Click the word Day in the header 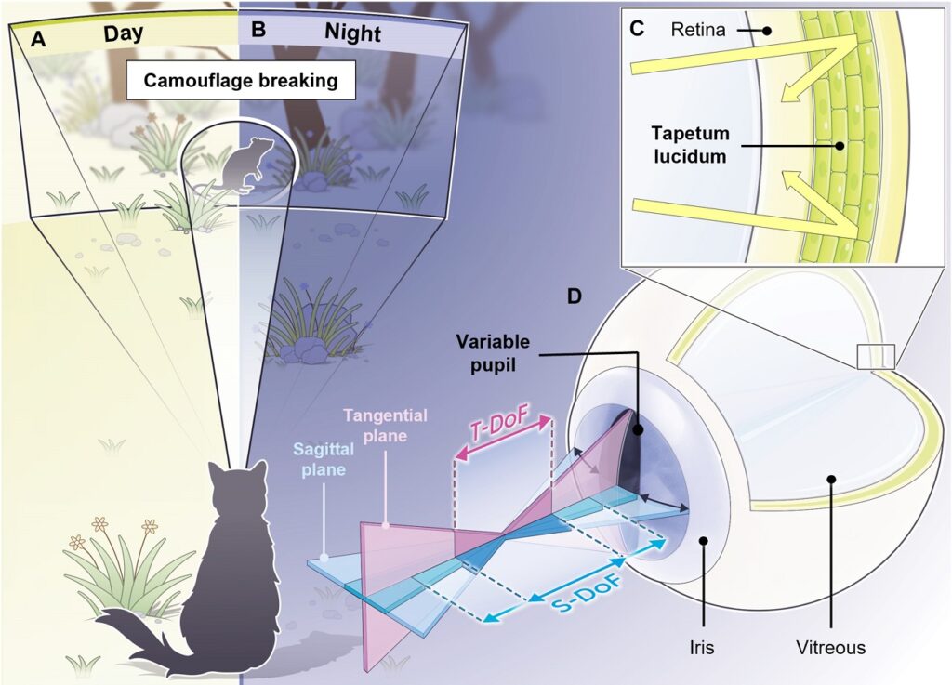tap(124, 33)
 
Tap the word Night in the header tap(352, 33)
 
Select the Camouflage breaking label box tap(240, 81)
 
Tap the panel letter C tap(637, 28)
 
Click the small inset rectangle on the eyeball tap(876, 356)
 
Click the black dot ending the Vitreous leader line tap(831, 480)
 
